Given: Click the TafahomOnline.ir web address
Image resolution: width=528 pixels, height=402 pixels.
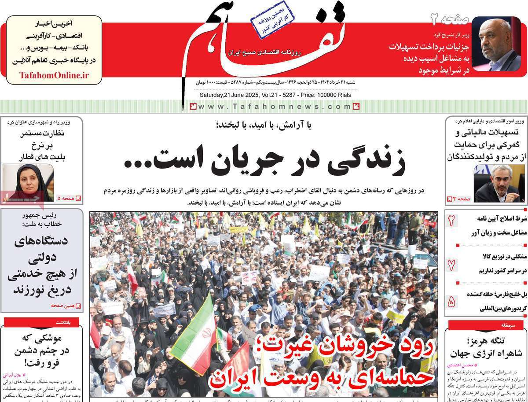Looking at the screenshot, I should tap(54, 75).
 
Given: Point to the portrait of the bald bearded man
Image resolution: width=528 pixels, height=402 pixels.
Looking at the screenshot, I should tap(496, 44).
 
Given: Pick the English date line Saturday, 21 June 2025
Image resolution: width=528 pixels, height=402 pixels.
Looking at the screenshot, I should tap(275, 95).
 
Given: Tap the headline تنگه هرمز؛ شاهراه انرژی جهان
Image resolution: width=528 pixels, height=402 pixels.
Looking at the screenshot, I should tap(484, 347).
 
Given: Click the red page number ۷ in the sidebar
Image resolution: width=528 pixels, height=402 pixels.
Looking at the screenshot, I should tap(451, 265).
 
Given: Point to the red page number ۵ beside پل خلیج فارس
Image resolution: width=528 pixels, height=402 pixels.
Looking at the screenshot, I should tap(451, 302).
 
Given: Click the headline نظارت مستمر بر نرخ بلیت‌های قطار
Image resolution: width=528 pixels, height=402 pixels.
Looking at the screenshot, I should tap(42, 145).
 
